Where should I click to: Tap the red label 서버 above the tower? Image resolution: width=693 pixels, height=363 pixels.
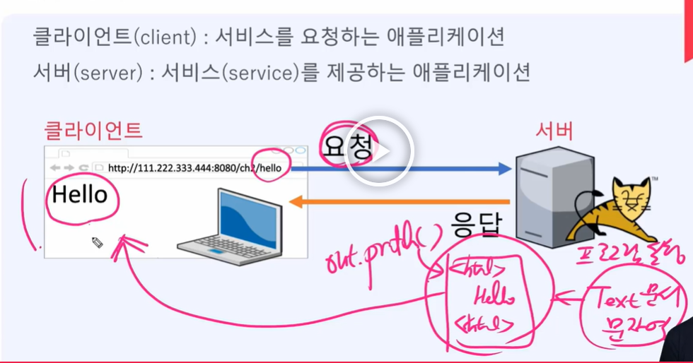tap(554, 131)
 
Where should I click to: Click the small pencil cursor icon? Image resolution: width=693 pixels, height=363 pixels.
tap(98, 242)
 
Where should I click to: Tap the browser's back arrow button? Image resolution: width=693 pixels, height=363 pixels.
tap(54, 168)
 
